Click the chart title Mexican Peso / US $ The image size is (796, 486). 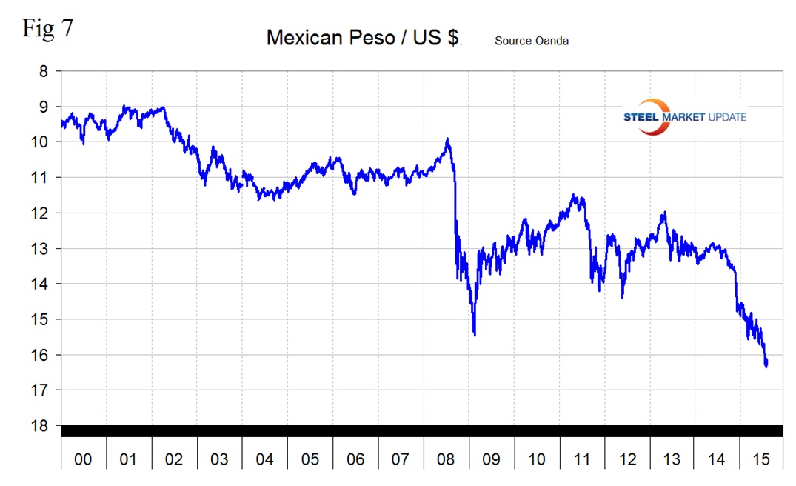click(364, 39)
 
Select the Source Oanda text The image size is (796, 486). click(531, 41)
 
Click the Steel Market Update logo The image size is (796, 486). click(686, 117)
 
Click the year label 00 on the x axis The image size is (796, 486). click(84, 460)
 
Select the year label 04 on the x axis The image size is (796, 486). click(264, 460)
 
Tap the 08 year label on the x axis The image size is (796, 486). click(446, 460)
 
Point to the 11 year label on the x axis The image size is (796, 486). click(582, 460)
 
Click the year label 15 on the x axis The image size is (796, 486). click(762, 460)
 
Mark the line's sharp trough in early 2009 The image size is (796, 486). click(474, 335)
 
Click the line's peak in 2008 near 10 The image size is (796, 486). click(447, 139)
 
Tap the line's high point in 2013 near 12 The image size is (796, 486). click(664, 213)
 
